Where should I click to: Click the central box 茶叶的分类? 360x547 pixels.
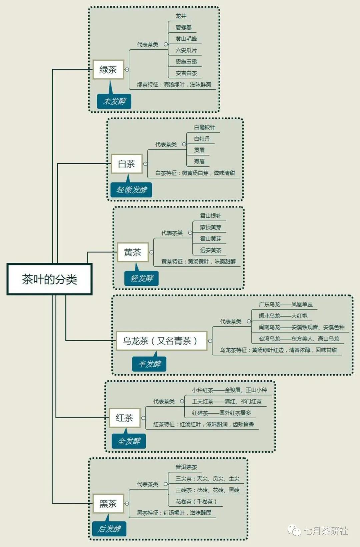49,279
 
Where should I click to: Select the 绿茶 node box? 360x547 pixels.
108,69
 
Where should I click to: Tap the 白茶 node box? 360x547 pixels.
127,164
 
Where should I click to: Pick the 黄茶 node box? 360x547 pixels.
133,252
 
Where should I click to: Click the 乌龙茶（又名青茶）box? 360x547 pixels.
161,341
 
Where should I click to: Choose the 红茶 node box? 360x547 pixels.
124,418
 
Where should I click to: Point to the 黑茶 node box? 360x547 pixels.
108,503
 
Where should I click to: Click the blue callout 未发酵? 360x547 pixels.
114,101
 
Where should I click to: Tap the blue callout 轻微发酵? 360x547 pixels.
132,190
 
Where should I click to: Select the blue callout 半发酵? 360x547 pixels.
149,364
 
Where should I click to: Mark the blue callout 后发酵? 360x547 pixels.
109,529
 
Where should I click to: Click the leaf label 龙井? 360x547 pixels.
181,16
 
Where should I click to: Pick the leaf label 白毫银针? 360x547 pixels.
205,127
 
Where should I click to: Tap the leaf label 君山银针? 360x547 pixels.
211,216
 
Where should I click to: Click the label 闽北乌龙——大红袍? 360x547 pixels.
283,316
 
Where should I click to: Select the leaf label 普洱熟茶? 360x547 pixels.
186,467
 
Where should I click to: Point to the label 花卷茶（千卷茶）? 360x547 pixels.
196,501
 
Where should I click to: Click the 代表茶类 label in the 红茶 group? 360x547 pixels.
164,401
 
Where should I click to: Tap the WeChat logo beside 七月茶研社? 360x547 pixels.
294,530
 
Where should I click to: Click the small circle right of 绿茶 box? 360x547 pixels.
127,69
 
